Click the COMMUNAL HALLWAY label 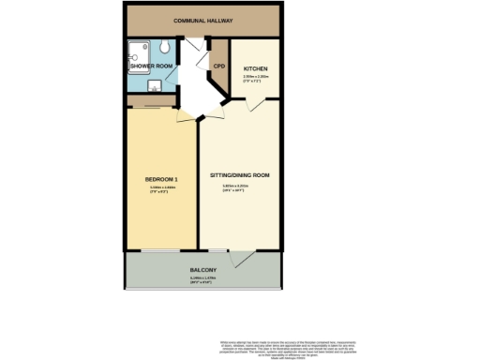[202, 20]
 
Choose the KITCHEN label [256, 69]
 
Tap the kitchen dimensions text [256, 79]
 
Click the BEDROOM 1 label [161, 179]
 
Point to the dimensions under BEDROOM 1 [161, 189]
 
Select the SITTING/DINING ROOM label [240, 175]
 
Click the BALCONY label [202, 270]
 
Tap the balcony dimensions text [202, 280]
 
